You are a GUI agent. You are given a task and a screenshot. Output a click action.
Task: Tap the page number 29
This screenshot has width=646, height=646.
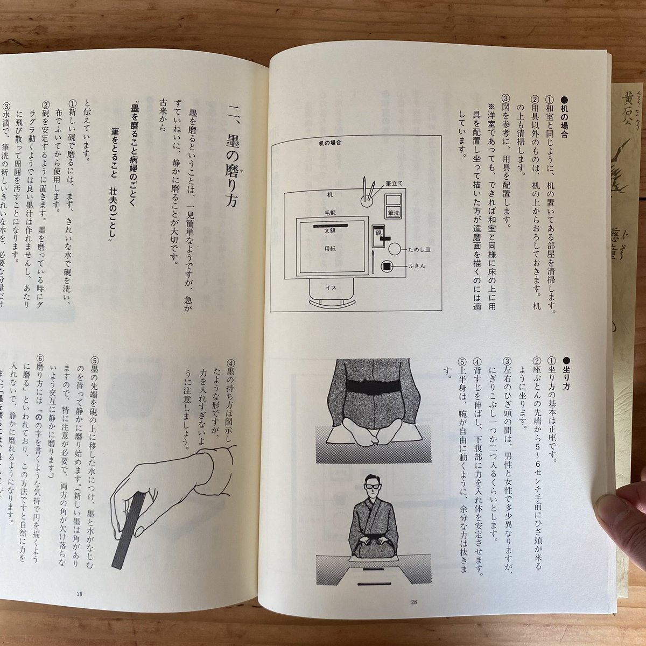click(x=80, y=594)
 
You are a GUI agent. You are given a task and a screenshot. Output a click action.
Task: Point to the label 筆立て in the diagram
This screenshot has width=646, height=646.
click(x=393, y=183)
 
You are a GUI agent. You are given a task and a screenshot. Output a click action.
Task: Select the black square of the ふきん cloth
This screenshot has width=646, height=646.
click(x=387, y=266)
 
